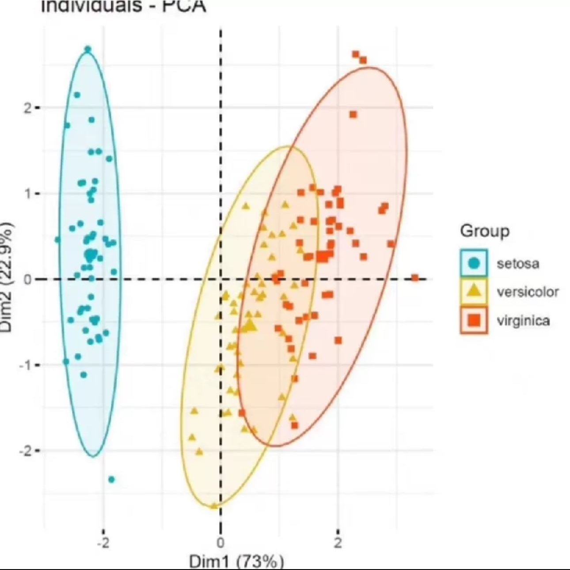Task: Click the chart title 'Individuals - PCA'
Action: [x=123, y=6]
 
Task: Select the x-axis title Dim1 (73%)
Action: [x=236, y=562]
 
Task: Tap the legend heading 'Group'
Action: [x=484, y=231]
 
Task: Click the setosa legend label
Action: [x=518, y=264]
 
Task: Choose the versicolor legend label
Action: [x=528, y=292]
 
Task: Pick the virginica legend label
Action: [x=523, y=320]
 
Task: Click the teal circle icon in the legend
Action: [x=474, y=263]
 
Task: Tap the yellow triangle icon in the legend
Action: [x=474, y=292]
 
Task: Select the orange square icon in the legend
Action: [x=474, y=320]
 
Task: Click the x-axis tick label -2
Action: [x=103, y=543]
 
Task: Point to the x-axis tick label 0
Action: [x=220, y=543]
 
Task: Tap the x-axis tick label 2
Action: [x=338, y=543]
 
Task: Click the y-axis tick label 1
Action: [x=28, y=194]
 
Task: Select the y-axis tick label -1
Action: [x=26, y=365]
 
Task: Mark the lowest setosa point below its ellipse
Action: [x=111, y=479]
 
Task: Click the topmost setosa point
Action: [x=88, y=49]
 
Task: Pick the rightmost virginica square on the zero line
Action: [x=415, y=278]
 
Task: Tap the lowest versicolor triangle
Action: [x=214, y=506]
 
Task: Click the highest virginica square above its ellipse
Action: [x=356, y=54]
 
